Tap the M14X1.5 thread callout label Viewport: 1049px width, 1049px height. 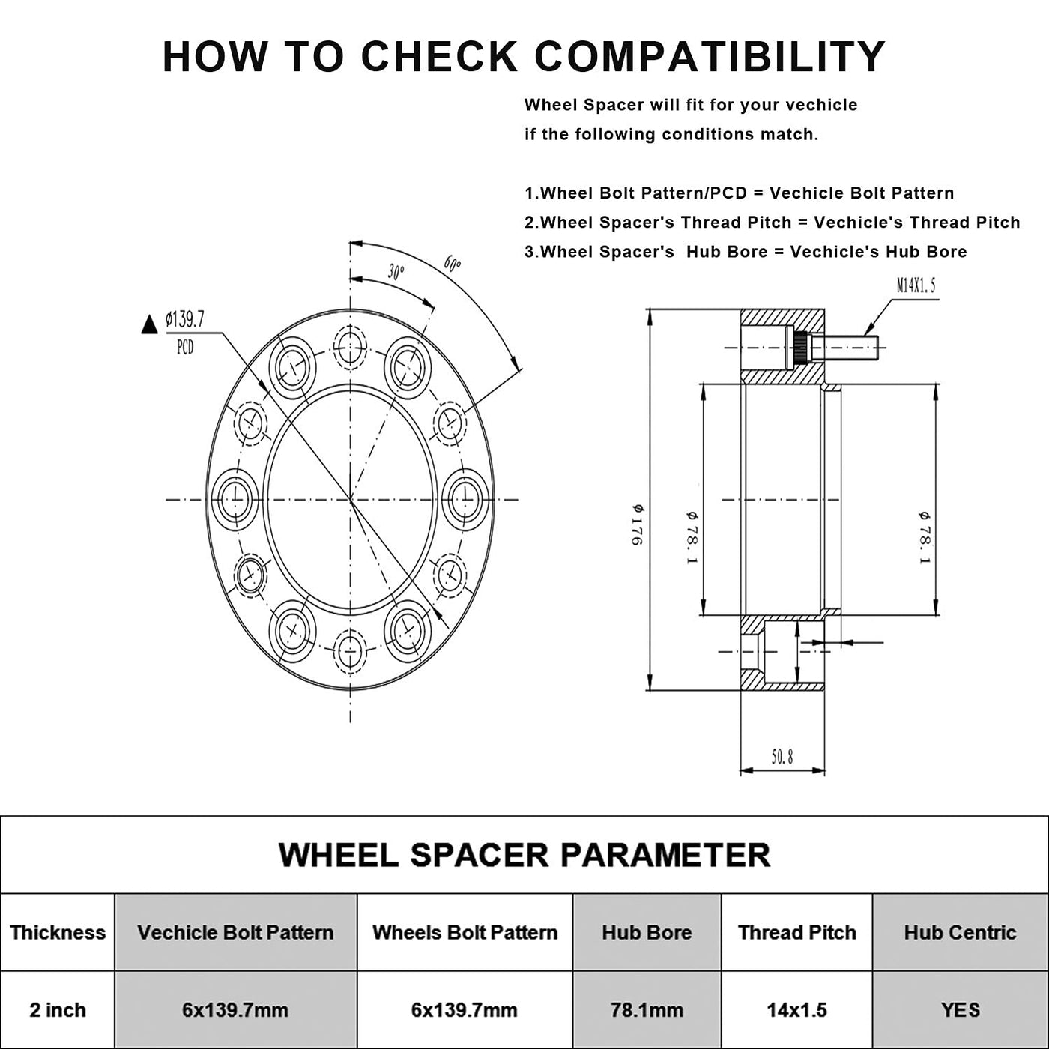pos(916,285)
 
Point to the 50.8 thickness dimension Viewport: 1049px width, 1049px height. pos(782,757)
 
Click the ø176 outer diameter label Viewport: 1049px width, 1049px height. pos(638,524)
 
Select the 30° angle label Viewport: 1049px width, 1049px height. pos(396,272)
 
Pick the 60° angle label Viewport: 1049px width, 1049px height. pos(452,264)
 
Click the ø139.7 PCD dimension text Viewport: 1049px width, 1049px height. pos(184,321)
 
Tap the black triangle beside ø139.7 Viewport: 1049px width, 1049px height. pos(149,325)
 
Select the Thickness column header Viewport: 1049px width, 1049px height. pos(58,933)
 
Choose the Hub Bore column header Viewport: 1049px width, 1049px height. pos(647,933)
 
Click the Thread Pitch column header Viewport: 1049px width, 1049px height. pos(796,933)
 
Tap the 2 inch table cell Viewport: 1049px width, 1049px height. pos(58,1010)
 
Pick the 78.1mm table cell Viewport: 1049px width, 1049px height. pos(647,1010)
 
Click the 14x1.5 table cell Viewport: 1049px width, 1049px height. pos(796,1010)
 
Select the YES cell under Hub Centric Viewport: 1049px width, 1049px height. pos(960,1010)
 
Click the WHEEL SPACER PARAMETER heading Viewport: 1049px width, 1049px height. pos(524,855)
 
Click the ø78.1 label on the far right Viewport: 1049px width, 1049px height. pos(925,537)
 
